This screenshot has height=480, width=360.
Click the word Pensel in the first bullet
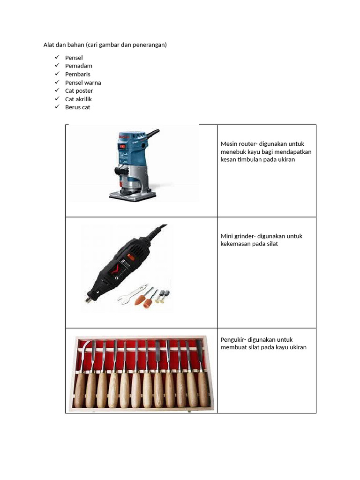point(74,58)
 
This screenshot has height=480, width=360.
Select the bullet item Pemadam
point(78,66)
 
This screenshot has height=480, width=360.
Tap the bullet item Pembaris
point(78,74)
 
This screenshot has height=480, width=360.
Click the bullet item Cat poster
point(79,91)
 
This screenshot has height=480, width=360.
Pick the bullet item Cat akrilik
point(78,99)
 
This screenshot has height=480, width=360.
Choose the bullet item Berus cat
point(77,107)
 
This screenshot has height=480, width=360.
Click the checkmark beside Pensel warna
point(57,82)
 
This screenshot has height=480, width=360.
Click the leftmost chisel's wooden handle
point(80,389)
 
